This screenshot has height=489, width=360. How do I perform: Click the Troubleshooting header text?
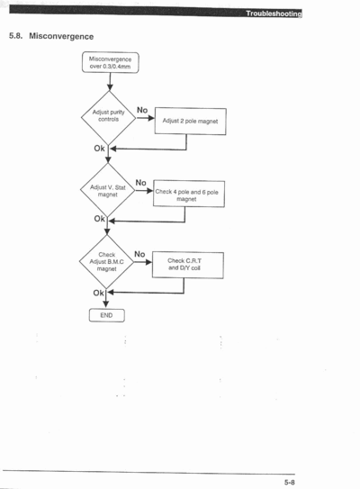tap(274, 14)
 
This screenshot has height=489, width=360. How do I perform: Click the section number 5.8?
tap(15, 36)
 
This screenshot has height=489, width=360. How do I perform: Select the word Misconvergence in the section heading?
tap(61, 37)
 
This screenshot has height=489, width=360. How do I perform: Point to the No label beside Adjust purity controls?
tap(142, 110)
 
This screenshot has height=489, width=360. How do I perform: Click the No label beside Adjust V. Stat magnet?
tap(141, 183)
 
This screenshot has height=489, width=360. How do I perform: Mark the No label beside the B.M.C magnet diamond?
tap(139, 254)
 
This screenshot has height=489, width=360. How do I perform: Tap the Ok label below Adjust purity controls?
tap(99, 149)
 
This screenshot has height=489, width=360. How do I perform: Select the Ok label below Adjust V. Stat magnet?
tap(99, 219)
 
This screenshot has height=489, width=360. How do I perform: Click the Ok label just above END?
tap(98, 293)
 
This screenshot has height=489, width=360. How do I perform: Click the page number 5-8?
tap(290, 482)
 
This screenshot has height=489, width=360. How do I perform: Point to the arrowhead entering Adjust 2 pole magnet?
tap(151, 118)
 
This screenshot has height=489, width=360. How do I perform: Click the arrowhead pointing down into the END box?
tap(106, 304)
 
